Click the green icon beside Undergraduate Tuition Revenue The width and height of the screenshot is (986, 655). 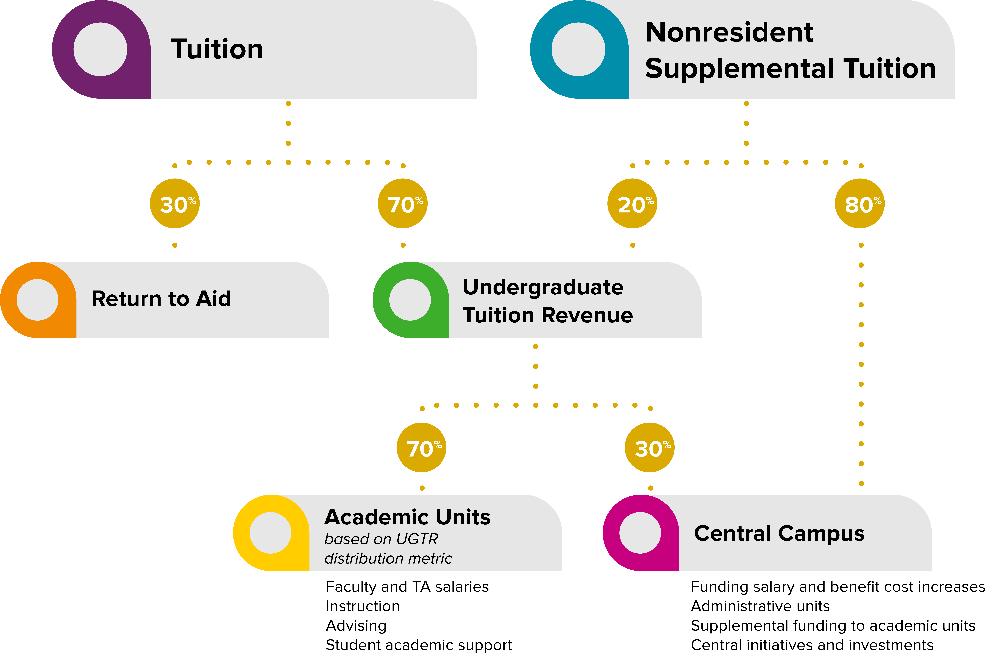coord(410,300)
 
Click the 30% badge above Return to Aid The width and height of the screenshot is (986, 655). coord(175,203)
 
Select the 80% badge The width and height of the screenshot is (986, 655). coord(860,203)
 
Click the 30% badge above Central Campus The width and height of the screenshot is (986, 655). coord(650,447)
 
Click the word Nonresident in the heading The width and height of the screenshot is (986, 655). coord(729,33)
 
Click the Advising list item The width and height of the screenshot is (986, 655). coord(356,626)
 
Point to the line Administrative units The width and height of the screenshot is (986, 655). coord(760,606)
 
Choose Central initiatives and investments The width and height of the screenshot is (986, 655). coord(812,645)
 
